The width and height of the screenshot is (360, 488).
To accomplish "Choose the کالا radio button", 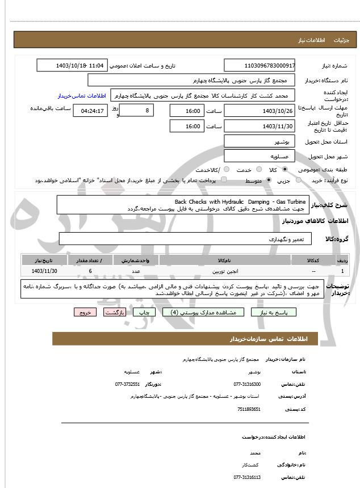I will [285, 170].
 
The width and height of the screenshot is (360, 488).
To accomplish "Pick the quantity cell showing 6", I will [90, 272].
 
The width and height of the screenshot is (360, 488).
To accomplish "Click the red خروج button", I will [85, 312].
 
